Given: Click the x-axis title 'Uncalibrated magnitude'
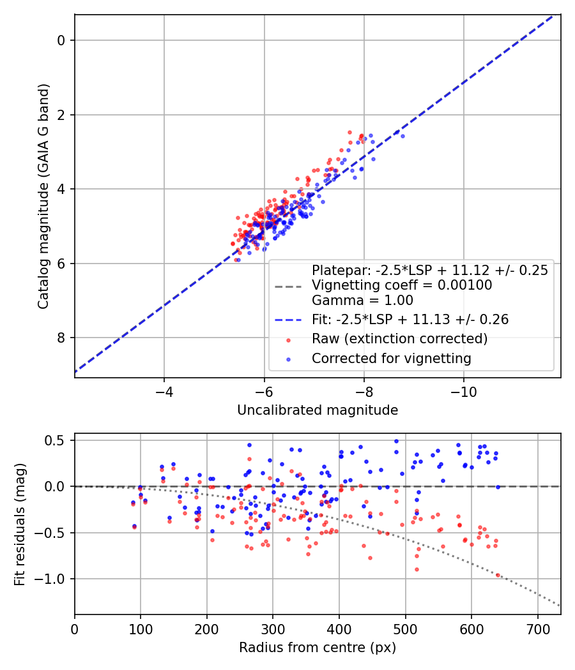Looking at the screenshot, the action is pyautogui.click(x=318, y=410).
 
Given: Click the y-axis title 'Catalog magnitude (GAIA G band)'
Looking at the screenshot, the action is pyautogui.click(x=43, y=196).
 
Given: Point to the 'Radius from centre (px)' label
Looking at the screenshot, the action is pyautogui.click(x=318, y=648).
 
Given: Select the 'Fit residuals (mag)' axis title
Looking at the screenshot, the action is pyautogui.click(x=20, y=525).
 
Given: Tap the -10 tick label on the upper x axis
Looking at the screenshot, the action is pyautogui.click(x=464, y=392).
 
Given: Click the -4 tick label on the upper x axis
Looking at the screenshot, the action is pyautogui.click(x=164, y=392).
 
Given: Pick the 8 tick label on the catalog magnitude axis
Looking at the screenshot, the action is pyautogui.click(x=61, y=338).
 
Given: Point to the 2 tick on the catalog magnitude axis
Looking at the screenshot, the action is pyautogui.click(x=61, y=115).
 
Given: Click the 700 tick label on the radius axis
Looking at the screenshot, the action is pyautogui.click(x=538, y=629).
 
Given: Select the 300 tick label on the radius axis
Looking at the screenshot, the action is pyautogui.click(x=273, y=629).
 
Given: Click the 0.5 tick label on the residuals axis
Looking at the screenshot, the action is pyautogui.click(x=56, y=440).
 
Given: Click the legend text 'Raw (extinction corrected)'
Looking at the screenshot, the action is pyautogui.click(x=399, y=339).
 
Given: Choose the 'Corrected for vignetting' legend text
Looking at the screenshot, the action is pyautogui.click(x=392, y=359).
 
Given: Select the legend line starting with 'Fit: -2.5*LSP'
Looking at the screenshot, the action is pyautogui.click(x=410, y=320).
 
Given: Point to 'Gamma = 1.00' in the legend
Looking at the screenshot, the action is pyautogui.click(x=362, y=301).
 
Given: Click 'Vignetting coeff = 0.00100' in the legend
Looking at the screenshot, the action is pyautogui.click(x=402, y=285).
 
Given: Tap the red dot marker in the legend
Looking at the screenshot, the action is pyautogui.click(x=288, y=340).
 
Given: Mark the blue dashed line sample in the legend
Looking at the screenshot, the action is pyautogui.click(x=288, y=320).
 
